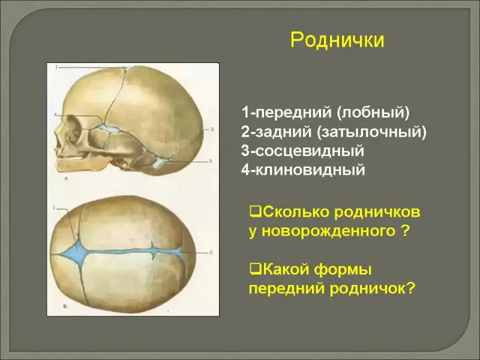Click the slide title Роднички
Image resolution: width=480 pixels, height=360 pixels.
point(337,40)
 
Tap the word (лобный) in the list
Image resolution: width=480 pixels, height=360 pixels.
point(373,113)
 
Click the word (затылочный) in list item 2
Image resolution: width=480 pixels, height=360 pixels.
point(371,132)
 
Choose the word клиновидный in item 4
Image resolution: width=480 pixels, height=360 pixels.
point(310,170)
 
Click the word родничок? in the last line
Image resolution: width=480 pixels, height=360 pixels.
point(372,289)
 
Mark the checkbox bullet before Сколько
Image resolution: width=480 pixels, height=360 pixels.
point(256,211)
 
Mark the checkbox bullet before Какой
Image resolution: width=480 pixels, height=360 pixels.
point(256,269)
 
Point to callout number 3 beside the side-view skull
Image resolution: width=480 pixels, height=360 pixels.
point(211,161)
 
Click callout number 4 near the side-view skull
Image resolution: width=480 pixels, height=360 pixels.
point(55,115)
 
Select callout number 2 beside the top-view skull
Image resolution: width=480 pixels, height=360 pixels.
point(211,253)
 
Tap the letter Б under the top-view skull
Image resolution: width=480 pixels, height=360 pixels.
point(65,306)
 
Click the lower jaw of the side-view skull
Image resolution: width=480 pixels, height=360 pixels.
point(77,164)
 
